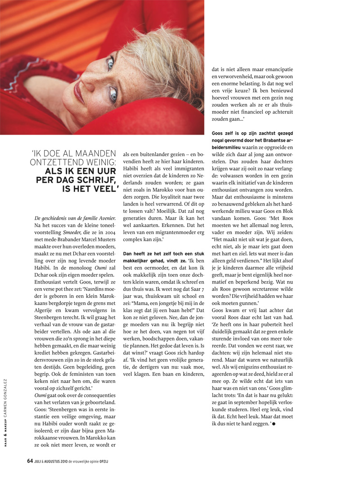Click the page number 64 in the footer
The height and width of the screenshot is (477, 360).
[x=29, y=461]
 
